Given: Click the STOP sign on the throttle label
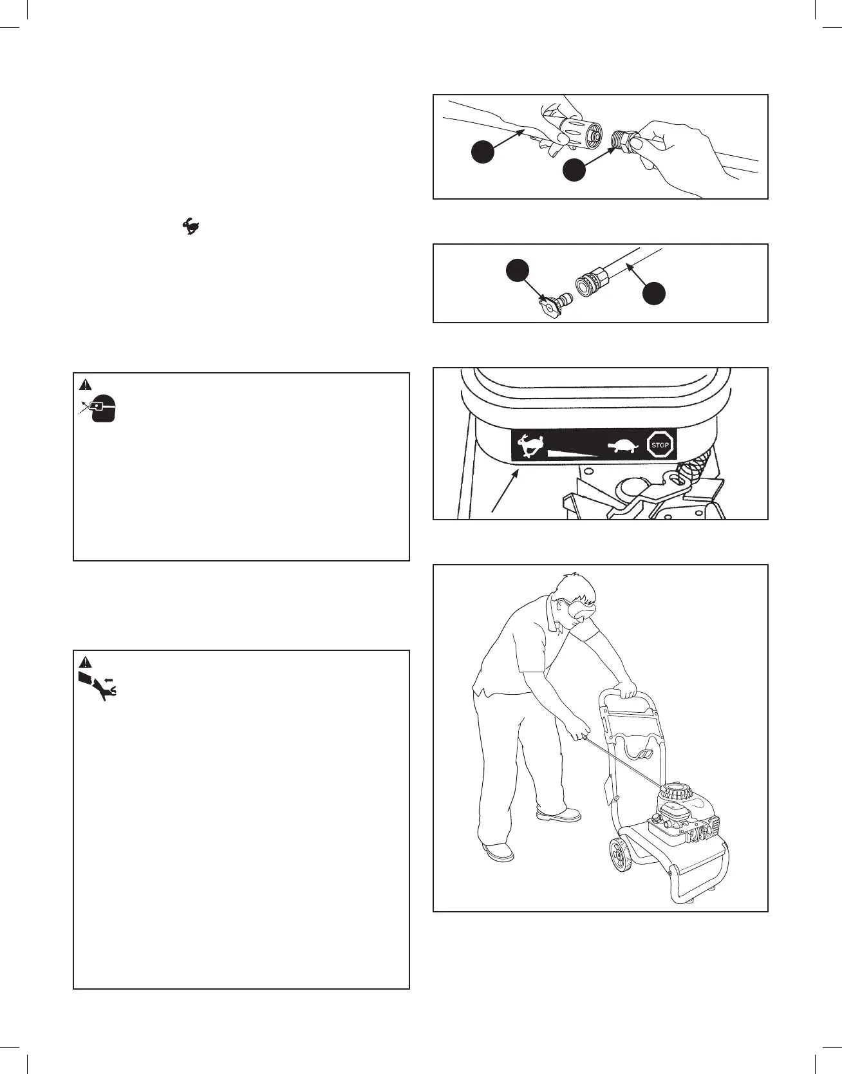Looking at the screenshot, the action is (x=660, y=444).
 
